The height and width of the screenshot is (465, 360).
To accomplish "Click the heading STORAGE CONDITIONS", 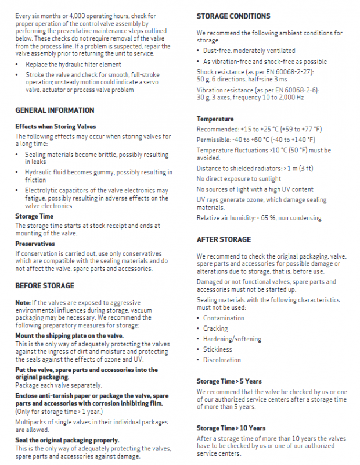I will (x=233, y=16).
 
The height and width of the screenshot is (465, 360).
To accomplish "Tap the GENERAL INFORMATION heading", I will (x=55, y=110).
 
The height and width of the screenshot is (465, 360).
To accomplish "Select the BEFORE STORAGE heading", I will (x=45, y=286).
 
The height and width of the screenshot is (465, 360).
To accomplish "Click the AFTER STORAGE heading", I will (x=224, y=239).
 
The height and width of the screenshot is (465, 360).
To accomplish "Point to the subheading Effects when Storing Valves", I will (x=56, y=126).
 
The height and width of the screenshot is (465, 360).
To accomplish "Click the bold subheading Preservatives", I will (x=35, y=244).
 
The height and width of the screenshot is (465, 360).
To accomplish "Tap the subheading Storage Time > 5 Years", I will (x=229, y=381).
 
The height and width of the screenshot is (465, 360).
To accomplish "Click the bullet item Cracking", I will (x=215, y=328).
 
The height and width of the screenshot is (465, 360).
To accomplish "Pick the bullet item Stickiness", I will (x=218, y=349).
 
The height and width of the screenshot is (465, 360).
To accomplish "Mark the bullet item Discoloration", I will (x=222, y=360).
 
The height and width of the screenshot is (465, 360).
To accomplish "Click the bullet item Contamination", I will (x=224, y=318).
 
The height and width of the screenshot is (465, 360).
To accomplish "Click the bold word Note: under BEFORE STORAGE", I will (x=23, y=303).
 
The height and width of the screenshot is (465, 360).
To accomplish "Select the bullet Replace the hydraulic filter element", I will (x=73, y=65).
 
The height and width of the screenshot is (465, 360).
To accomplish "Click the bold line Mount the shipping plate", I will (x=69, y=336).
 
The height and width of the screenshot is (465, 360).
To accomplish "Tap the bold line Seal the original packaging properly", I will (x=67, y=440).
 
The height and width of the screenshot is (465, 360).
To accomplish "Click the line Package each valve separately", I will (x=59, y=385).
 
